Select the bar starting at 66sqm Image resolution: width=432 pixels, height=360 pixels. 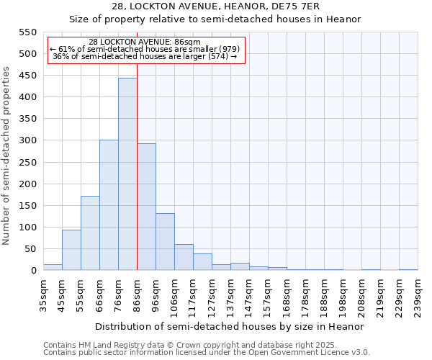[x=109, y=205]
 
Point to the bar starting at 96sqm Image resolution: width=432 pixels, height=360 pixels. [x=165, y=242]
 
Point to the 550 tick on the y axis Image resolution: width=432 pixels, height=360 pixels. [x=27, y=32]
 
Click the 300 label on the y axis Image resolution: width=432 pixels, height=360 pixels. [x=27, y=140]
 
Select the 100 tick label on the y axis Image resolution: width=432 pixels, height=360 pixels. [x=27, y=228]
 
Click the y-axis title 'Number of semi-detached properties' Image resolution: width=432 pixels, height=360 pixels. [x=7, y=156]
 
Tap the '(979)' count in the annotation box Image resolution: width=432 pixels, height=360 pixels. [x=229, y=48]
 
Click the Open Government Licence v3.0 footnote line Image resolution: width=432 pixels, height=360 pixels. [x=207, y=352]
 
